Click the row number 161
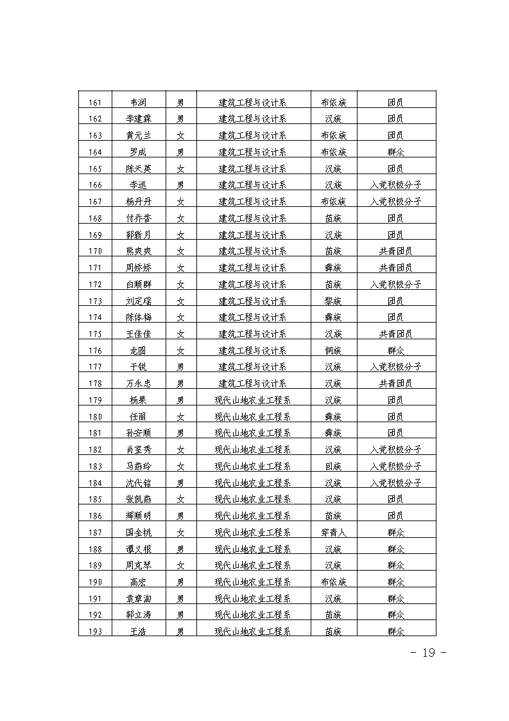pyautogui.click(x=95, y=102)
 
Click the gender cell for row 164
pyautogui.click(x=181, y=152)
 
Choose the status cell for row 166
pyautogui.click(x=395, y=185)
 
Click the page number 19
pyautogui.click(x=427, y=653)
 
